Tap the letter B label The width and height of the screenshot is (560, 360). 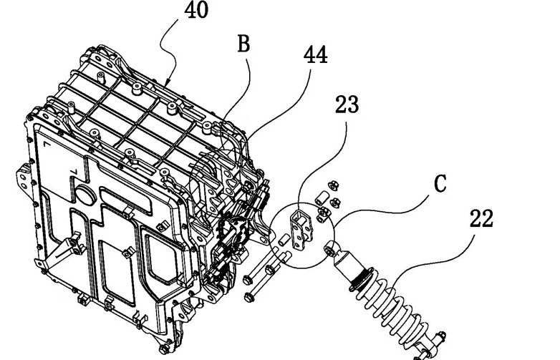(243, 45)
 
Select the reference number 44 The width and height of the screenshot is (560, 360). (315, 55)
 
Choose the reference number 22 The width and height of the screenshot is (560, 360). (481, 219)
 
